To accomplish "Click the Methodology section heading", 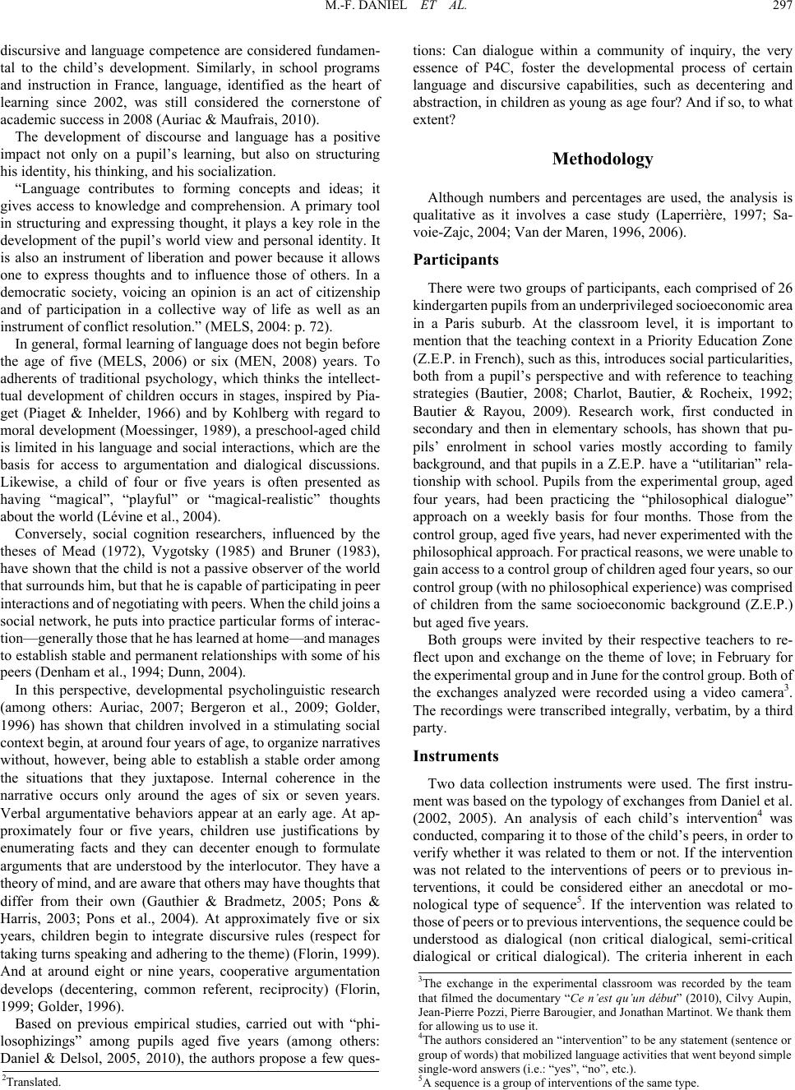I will point(603,159).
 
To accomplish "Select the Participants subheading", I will point(460,260).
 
